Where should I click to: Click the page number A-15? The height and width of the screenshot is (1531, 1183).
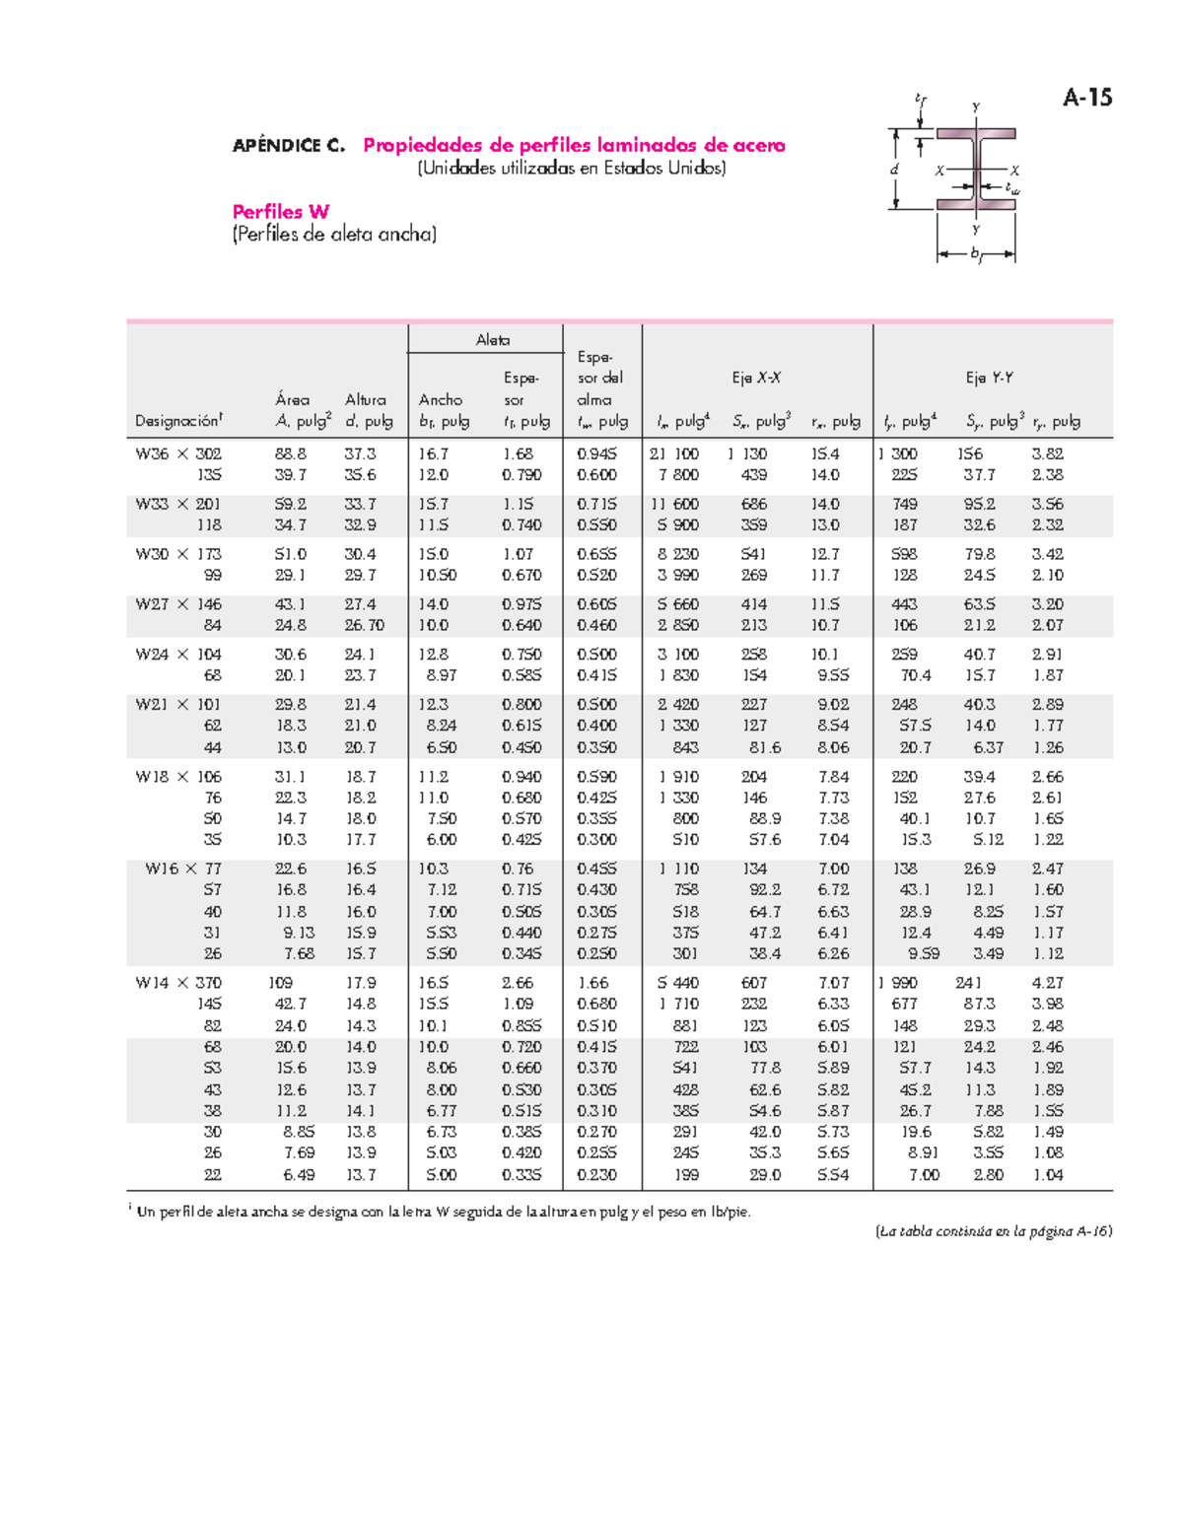[1087, 97]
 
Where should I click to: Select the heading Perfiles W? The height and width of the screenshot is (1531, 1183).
[280, 212]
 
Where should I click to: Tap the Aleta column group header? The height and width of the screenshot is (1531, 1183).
[492, 340]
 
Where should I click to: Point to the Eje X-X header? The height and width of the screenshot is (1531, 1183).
[756, 378]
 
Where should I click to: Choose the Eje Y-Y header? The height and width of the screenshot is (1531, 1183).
[989, 378]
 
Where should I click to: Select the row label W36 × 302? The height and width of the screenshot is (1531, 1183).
[178, 454]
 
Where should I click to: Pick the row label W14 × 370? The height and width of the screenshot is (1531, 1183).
[178, 983]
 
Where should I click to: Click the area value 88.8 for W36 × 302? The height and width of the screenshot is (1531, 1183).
[291, 454]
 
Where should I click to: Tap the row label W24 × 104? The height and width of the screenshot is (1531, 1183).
[178, 655]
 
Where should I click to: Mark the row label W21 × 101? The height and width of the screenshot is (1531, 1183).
[178, 705]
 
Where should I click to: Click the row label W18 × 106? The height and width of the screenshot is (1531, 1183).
[178, 777]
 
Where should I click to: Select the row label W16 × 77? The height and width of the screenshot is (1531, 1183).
[183, 869]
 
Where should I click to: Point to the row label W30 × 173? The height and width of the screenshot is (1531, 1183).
[178, 554]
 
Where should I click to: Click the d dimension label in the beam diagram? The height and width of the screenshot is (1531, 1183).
[894, 170]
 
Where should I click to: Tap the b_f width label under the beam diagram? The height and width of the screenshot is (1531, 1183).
[976, 254]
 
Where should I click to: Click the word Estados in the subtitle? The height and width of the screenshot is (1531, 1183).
[634, 169]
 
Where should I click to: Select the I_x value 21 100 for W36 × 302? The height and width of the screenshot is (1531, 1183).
[674, 454]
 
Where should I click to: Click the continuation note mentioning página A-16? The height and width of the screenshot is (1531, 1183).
[994, 1231]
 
